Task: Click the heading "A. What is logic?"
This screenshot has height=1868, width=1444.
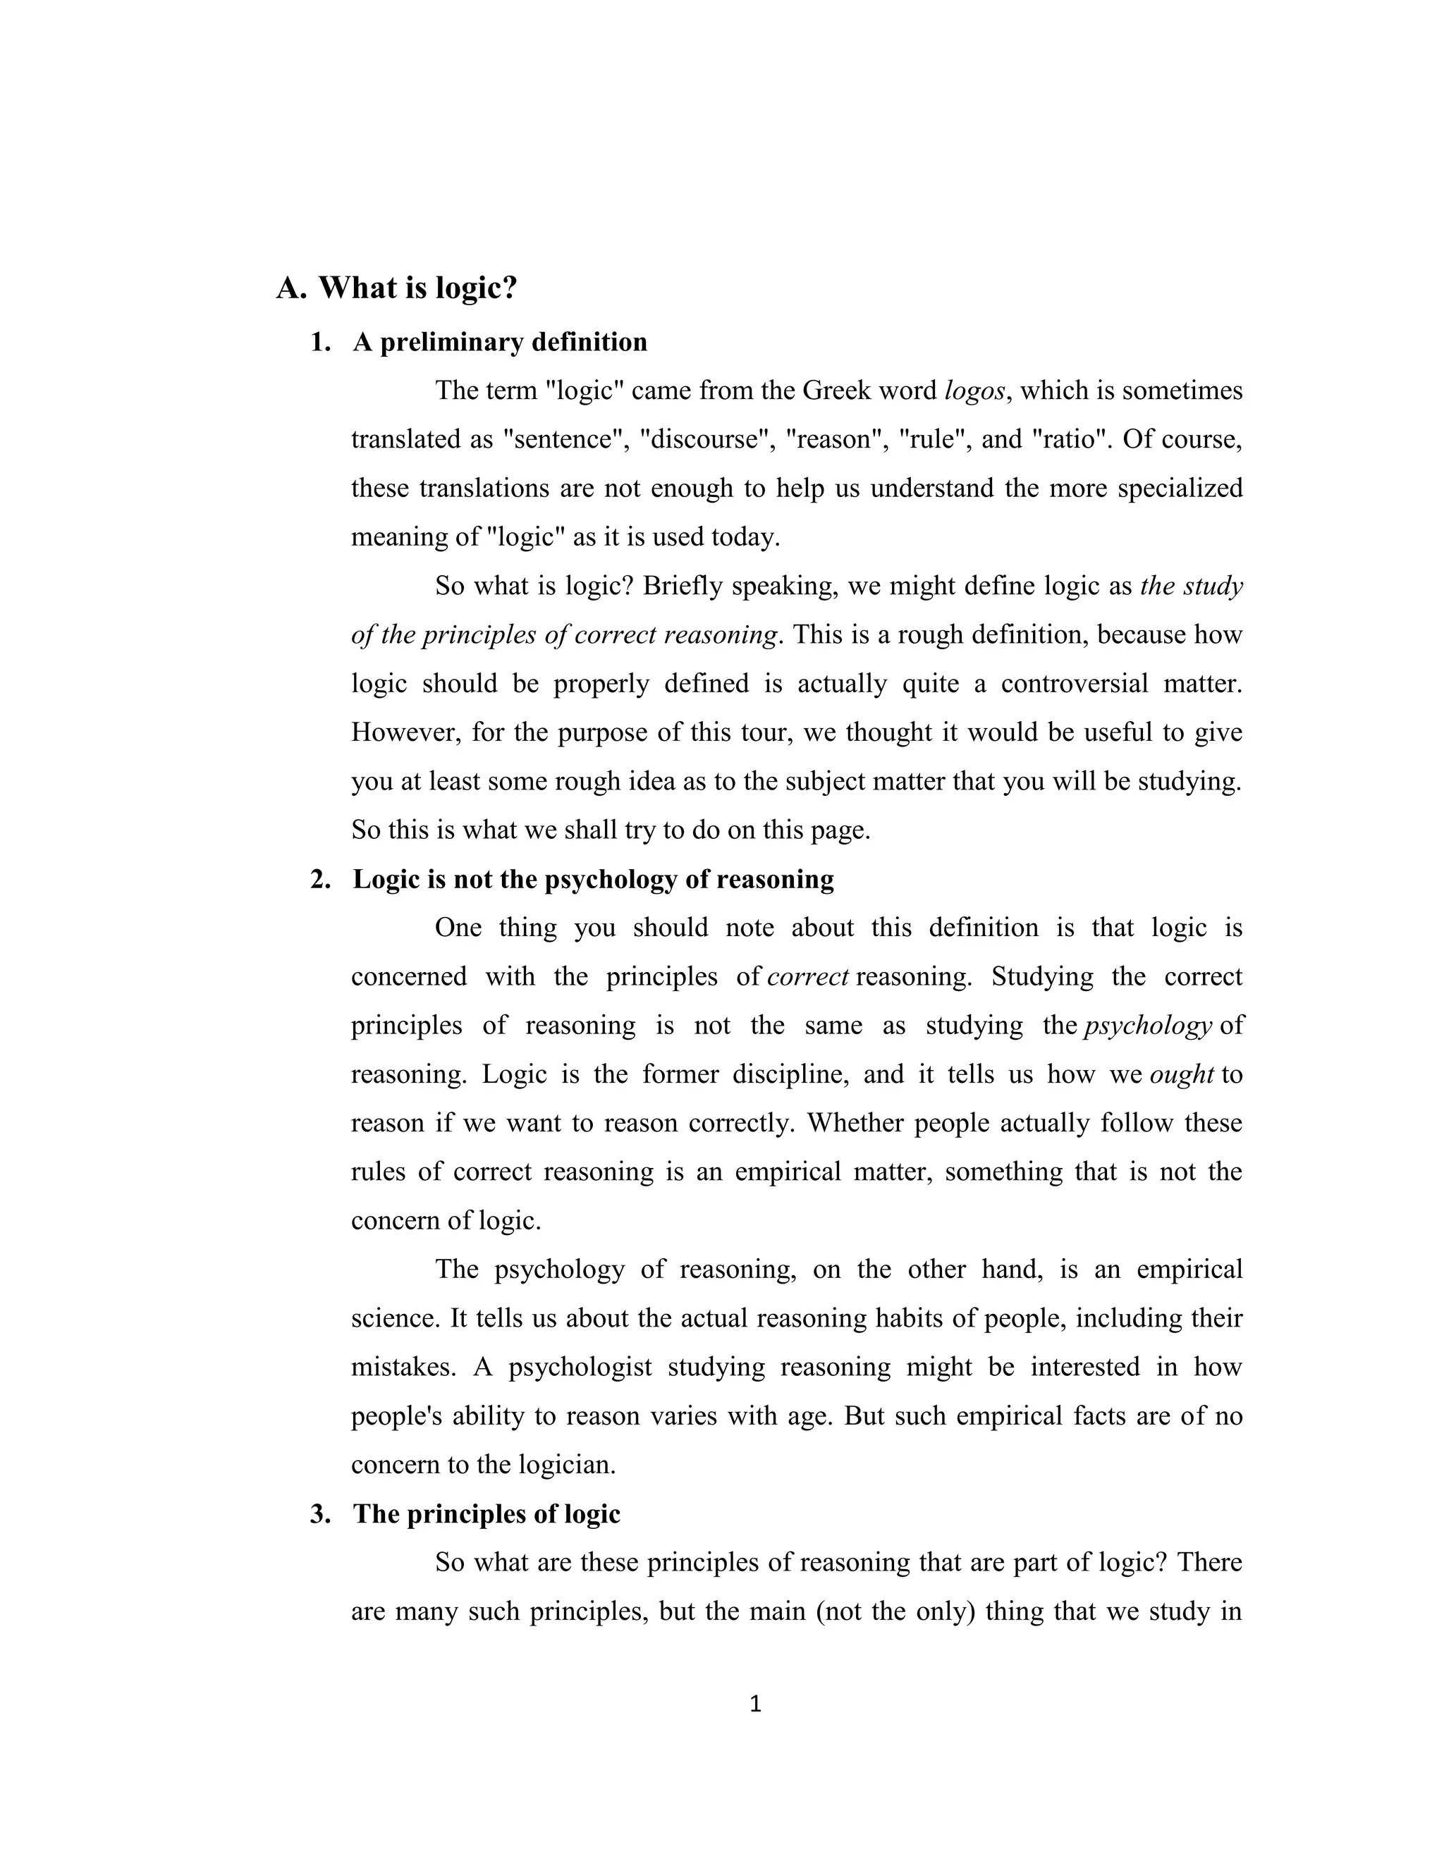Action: tap(396, 288)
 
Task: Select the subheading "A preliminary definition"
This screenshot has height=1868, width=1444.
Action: tap(500, 342)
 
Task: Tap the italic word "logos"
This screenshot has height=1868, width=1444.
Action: tap(974, 391)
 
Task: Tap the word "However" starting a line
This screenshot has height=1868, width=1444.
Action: tap(403, 733)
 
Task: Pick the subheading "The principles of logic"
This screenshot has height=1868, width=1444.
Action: tap(486, 1514)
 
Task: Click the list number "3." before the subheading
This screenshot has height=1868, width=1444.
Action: tap(321, 1514)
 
